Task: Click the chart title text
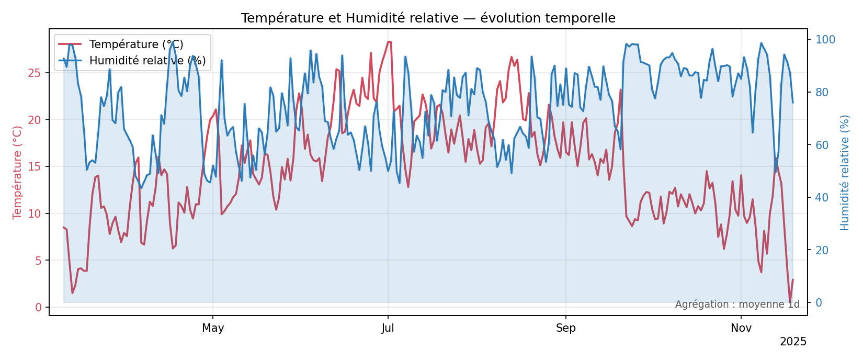click(428, 18)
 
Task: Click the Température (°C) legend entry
click(136, 44)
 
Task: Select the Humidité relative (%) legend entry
click(147, 61)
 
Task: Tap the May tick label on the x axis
click(213, 329)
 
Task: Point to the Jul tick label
click(388, 329)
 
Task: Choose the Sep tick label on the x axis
click(565, 329)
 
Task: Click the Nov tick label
click(741, 329)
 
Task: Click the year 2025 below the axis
click(793, 342)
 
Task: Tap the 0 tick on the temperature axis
click(38, 307)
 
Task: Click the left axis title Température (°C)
click(18, 172)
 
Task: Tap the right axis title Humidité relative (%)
click(845, 172)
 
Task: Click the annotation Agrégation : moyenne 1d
click(737, 305)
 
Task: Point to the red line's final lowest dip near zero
click(790, 302)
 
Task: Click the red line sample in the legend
click(70, 44)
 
